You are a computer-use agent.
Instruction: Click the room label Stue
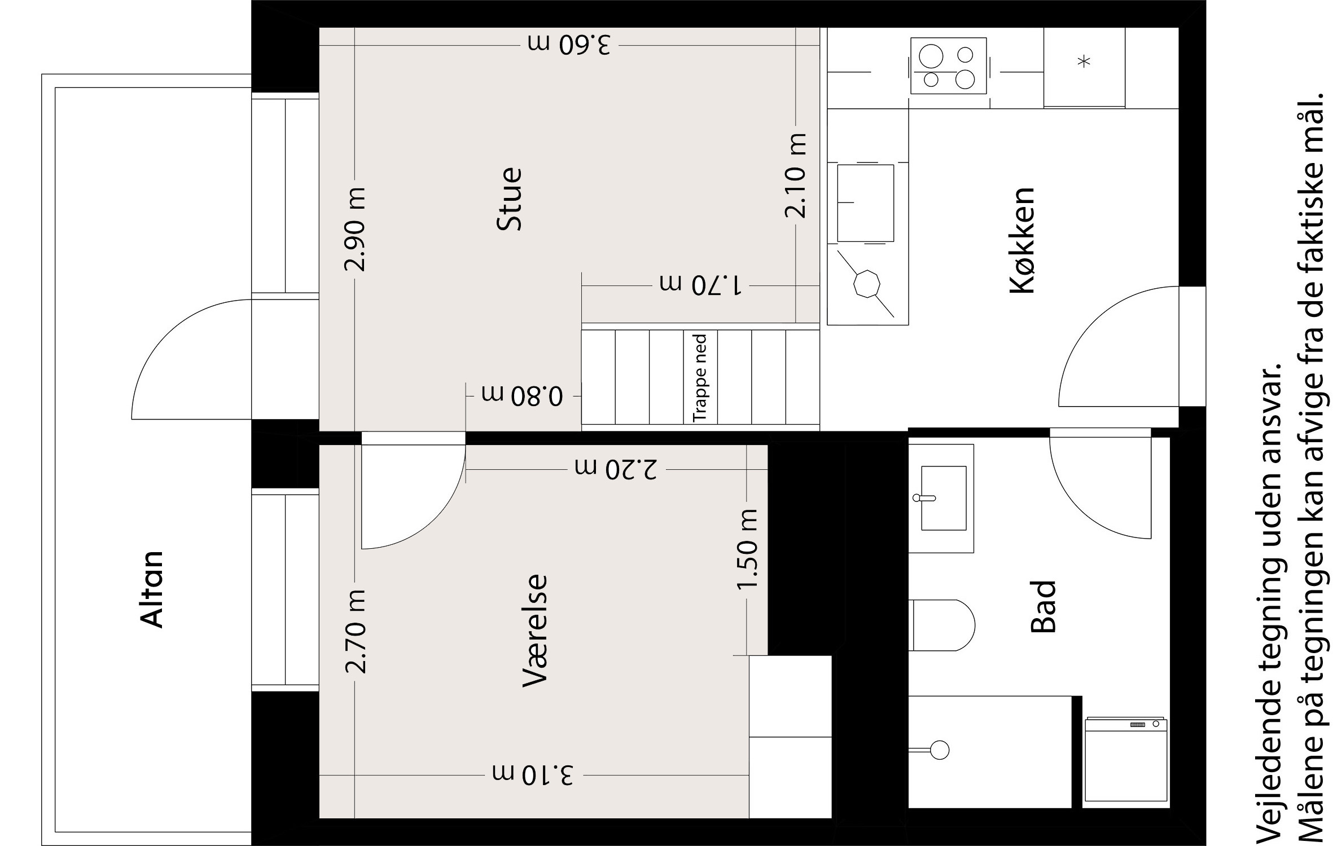pyautogui.click(x=509, y=199)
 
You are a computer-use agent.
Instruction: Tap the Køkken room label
pyautogui.click(x=1021, y=241)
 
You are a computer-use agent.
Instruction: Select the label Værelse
pyautogui.click(x=535, y=630)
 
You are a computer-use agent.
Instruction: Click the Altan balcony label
pyautogui.click(x=151, y=590)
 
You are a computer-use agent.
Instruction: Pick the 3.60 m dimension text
pyautogui.click(x=569, y=45)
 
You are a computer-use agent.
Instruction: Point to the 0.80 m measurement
pyautogui.click(x=523, y=396)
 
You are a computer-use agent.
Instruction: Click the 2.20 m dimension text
pyautogui.click(x=616, y=469)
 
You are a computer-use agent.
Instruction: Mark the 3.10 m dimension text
pyautogui.click(x=533, y=775)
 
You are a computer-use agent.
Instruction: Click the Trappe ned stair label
pyautogui.click(x=700, y=377)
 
